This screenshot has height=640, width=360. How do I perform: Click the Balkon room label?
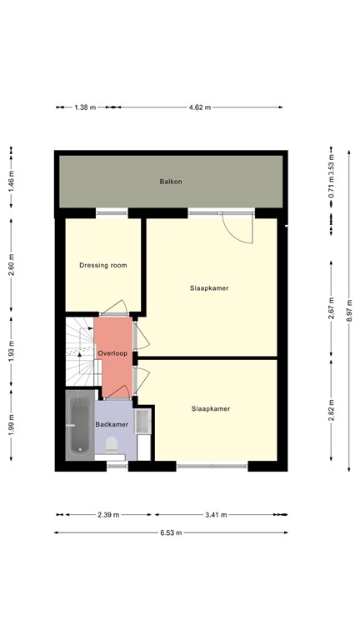[171, 182]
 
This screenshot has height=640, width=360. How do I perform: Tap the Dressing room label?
[102, 265]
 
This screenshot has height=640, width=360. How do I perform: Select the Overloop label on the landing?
[112, 353]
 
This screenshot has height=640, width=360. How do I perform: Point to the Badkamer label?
[112, 424]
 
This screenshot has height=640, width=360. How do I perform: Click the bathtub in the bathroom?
[80, 425]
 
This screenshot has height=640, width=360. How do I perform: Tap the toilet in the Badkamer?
[112, 445]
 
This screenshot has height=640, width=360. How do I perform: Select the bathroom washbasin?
[142, 420]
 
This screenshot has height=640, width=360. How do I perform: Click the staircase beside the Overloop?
[80, 352]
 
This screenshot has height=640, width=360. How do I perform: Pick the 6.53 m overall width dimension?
[171, 532]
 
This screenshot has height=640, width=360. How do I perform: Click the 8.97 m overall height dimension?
[349, 311]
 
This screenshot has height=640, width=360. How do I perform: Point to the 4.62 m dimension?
[200, 107]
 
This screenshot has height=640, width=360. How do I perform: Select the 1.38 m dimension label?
[85, 107]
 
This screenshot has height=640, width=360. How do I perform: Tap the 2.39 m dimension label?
[108, 515]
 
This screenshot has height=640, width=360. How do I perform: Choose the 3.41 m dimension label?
[216, 515]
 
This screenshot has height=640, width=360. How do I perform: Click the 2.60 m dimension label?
[12, 264]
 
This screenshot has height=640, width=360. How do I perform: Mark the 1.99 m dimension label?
[12, 425]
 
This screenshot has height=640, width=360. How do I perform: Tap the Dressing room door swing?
[114, 307]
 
